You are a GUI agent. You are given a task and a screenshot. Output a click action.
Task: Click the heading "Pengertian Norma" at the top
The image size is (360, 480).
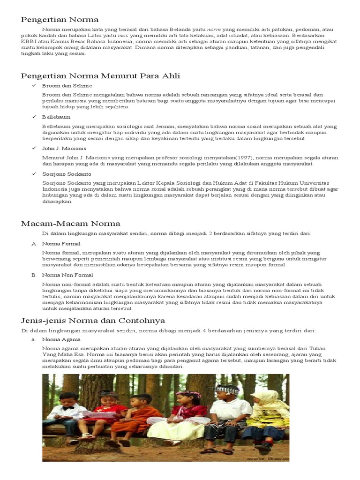click(60, 19)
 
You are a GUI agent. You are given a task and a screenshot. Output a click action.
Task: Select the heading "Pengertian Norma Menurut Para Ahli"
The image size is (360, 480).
click(100, 76)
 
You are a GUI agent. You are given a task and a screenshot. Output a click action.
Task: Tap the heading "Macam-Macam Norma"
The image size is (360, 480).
click(70, 223)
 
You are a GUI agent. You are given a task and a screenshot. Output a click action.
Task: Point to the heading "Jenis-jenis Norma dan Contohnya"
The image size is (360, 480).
click(93, 321)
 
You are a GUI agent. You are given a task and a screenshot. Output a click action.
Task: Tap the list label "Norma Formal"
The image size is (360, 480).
click(61, 244)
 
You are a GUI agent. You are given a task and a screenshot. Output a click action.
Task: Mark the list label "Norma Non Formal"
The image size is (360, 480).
click(67, 275)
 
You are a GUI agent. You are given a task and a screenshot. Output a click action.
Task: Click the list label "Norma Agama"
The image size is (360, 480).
click(61, 339)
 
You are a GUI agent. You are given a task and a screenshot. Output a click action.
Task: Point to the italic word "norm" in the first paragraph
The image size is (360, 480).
click(214, 29)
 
